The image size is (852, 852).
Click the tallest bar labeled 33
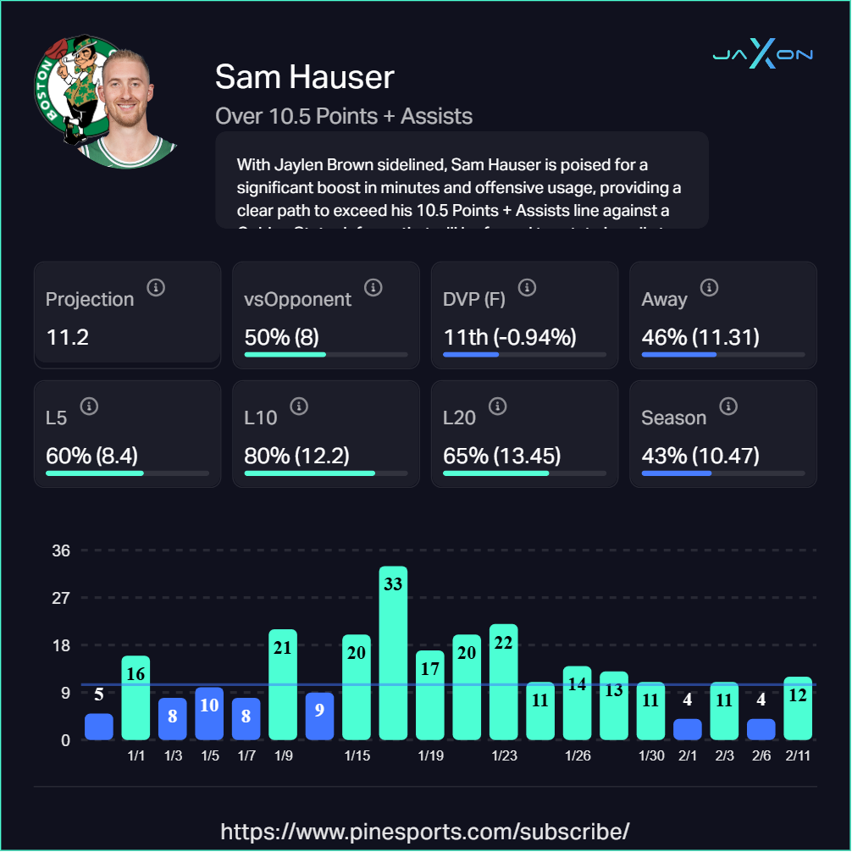point(393,653)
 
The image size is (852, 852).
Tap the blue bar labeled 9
point(319,716)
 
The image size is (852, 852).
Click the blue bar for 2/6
point(761,729)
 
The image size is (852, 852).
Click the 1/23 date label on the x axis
point(504,755)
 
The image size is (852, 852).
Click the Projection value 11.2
point(68,338)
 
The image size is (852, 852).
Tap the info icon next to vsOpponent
point(373,288)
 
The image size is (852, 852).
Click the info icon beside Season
point(727,407)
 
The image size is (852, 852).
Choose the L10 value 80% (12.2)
point(296,456)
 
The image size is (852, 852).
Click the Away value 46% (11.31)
point(700,338)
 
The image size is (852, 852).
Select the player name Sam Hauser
point(305,77)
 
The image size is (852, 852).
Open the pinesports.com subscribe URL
point(425,830)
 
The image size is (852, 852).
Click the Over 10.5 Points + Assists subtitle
point(344,116)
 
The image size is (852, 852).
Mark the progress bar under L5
point(127,473)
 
